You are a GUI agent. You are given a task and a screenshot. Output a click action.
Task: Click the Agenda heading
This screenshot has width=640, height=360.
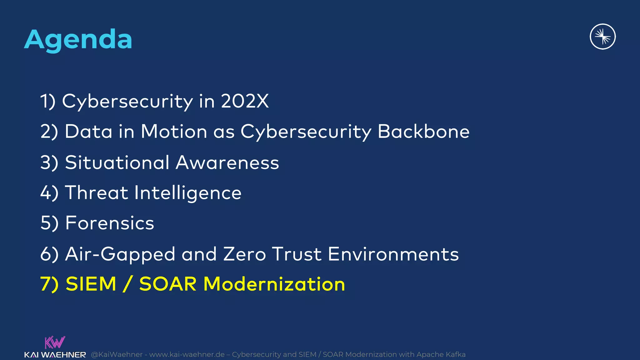(x=78, y=40)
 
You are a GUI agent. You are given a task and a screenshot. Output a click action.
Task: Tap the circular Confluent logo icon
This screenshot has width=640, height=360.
(x=602, y=37)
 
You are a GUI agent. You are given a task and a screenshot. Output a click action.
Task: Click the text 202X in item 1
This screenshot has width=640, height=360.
(x=245, y=101)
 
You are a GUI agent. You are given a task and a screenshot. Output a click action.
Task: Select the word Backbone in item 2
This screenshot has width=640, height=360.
(x=423, y=131)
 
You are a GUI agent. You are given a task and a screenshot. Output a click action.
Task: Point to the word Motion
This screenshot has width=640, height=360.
(x=174, y=131)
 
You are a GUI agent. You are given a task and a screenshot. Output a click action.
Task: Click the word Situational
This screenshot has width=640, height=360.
(x=117, y=162)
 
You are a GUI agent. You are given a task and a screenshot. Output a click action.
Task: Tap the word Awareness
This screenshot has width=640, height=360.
(x=227, y=162)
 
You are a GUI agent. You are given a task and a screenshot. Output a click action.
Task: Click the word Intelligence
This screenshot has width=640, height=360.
(x=188, y=193)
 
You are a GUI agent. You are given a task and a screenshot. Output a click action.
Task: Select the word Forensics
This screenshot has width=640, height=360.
(x=110, y=223)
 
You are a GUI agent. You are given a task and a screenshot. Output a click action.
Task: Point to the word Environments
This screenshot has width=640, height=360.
(x=393, y=254)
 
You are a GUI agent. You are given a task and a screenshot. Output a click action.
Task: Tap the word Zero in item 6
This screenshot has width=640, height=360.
(x=244, y=254)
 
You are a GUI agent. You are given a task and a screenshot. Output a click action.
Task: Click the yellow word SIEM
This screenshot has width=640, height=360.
(x=91, y=284)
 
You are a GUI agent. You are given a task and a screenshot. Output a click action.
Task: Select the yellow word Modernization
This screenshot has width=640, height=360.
(x=274, y=284)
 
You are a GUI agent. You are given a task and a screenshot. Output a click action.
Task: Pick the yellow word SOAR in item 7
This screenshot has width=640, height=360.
(x=167, y=284)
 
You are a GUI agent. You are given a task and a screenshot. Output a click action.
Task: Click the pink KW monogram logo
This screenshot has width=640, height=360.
(x=55, y=342)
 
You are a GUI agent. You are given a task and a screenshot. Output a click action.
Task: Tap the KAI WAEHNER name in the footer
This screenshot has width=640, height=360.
(x=55, y=355)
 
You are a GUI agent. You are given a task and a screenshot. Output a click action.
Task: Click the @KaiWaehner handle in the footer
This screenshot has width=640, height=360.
(x=117, y=354)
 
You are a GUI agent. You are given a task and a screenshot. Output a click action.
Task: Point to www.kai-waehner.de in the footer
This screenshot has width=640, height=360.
(x=187, y=354)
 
